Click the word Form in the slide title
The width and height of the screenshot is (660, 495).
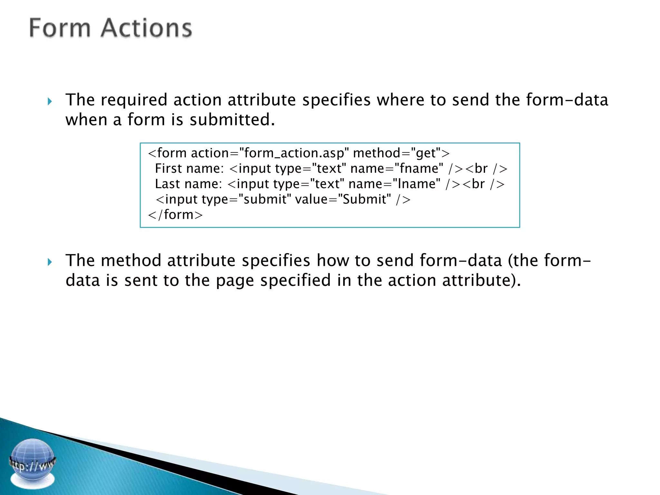tap(60, 28)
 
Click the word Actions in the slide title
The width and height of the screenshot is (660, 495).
tap(146, 28)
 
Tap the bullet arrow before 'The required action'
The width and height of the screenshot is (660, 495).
tap(50, 102)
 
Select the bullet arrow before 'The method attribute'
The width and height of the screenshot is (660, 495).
tap(50, 262)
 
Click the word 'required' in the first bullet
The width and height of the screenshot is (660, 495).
tap(134, 100)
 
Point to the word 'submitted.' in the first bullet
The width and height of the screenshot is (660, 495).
tap(232, 120)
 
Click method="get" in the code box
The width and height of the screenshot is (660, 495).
tap(397, 153)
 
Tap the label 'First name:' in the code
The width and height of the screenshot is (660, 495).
tap(189, 169)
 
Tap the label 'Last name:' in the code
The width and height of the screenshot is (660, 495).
tap(189, 184)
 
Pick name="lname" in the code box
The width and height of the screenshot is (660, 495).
tap(394, 184)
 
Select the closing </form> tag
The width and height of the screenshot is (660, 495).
tap(175, 215)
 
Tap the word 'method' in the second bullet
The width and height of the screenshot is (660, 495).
tap(131, 260)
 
